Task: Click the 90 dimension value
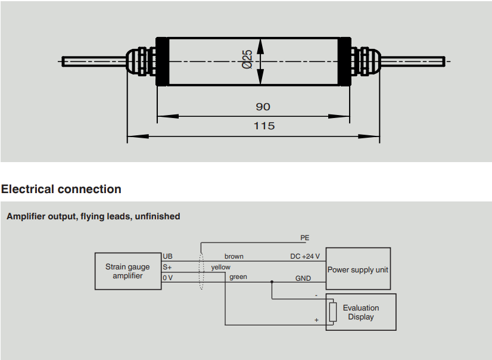click(263, 107)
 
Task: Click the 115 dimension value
click(264, 126)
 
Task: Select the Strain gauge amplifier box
click(127, 271)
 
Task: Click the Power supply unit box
click(357, 269)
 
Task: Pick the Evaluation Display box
click(361, 312)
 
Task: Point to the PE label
click(304, 238)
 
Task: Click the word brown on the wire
click(233, 256)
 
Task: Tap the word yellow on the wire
click(220, 267)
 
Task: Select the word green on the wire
click(238, 277)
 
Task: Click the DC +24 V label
click(305, 256)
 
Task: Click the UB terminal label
click(167, 256)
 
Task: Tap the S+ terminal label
click(167, 267)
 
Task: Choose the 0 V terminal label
click(167, 277)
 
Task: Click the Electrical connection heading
click(61, 190)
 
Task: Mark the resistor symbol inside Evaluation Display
click(332, 312)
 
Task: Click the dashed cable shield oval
click(201, 272)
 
